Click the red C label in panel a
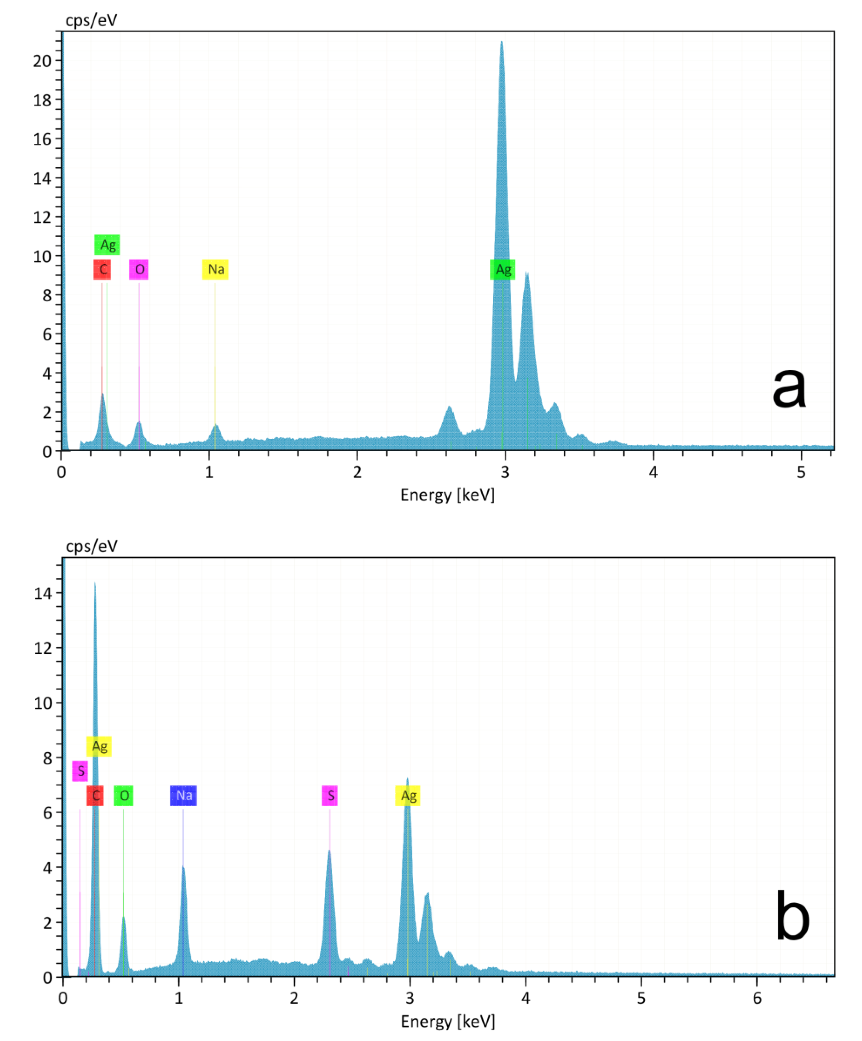[x=102, y=269]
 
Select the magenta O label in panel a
[x=139, y=269]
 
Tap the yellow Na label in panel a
[x=215, y=269]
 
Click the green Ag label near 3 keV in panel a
[x=502, y=269]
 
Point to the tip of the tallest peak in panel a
[x=501, y=42]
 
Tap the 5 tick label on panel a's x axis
[x=802, y=472]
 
